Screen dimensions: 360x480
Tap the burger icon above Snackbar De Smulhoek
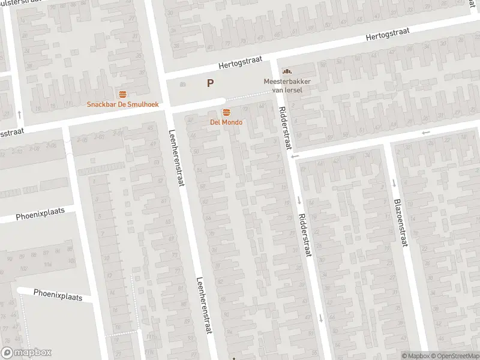(x=122, y=94)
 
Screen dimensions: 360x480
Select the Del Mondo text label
(x=226, y=122)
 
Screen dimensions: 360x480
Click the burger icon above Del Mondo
(x=226, y=113)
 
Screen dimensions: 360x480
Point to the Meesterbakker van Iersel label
(x=283, y=85)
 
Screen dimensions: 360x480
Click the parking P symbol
(x=210, y=83)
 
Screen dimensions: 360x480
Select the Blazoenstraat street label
(x=401, y=223)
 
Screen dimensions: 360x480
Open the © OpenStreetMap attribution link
(x=455, y=356)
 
